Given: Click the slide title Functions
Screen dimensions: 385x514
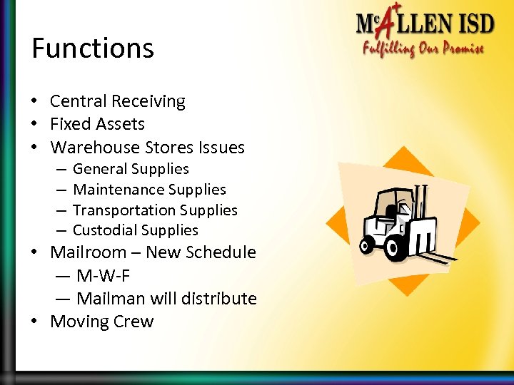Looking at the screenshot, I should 93,48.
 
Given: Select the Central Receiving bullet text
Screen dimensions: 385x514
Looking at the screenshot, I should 117,102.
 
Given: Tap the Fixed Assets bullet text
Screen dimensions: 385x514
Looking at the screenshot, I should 97,124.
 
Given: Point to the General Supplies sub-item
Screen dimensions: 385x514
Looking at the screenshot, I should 131,169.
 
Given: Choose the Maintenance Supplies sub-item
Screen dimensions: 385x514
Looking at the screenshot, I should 149,190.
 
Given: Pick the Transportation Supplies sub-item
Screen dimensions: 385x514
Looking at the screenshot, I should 155,210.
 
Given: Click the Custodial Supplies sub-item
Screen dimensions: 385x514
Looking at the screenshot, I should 136,230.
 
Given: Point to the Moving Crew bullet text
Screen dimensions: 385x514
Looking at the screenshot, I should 101,322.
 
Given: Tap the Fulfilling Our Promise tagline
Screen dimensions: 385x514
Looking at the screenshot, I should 423,49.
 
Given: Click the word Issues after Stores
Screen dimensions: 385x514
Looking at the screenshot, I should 223,148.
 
